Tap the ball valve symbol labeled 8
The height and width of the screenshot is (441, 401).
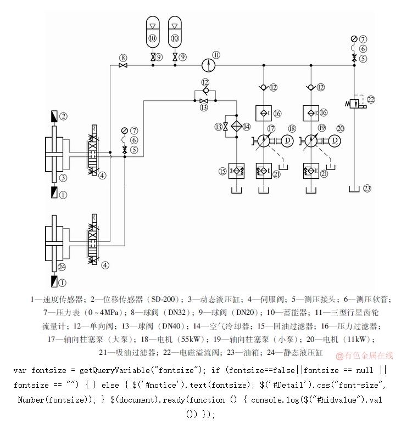click(123, 65)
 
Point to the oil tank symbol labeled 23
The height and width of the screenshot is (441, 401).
click(354, 189)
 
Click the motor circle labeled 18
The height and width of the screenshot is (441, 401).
click(287, 141)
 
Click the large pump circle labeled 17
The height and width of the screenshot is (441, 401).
click(264, 141)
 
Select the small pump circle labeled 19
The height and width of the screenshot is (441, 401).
click(311, 141)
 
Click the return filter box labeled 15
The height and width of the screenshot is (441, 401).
click(236, 171)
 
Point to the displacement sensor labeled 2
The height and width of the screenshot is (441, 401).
click(54, 117)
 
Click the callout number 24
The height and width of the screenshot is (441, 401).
click(62, 267)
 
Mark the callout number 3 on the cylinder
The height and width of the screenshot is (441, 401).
click(63, 178)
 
